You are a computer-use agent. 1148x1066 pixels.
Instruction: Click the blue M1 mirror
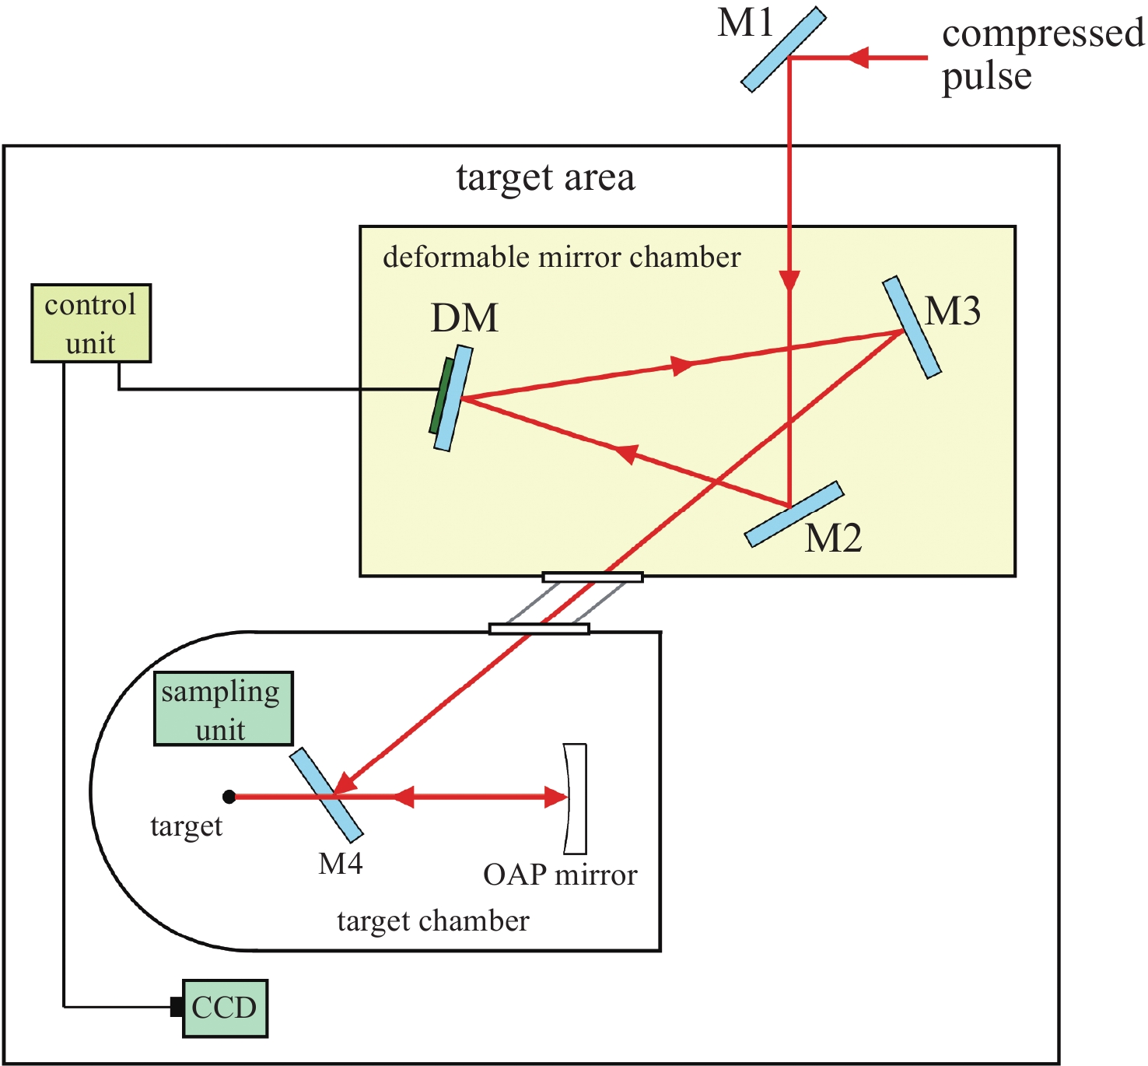pos(782,50)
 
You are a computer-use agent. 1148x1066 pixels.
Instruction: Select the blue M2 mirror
pos(794,514)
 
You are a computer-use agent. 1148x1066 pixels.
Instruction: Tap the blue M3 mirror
pos(912,328)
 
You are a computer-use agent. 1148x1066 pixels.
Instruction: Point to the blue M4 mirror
pos(326,794)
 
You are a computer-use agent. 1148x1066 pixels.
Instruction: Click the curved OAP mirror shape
pos(576,798)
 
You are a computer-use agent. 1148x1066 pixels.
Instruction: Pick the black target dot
pos(229,797)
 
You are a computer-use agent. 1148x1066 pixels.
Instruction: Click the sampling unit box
pos(223,709)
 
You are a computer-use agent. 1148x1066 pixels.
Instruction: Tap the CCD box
pos(225,1008)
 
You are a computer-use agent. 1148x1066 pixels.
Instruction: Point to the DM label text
pos(464,317)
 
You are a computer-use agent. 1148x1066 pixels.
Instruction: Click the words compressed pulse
pos(1041,54)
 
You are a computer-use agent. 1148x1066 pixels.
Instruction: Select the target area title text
pos(545,177)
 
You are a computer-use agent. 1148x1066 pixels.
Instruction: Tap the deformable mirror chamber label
pos(562,257)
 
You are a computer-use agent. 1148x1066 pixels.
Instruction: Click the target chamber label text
pos(432,921)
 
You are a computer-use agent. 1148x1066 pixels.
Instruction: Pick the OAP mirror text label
pos(560,875)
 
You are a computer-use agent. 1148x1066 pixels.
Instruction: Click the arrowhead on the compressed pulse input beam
pos(857,58)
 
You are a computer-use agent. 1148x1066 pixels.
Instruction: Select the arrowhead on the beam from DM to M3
pos(682,365)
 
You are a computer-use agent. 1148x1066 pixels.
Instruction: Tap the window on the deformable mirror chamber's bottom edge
pos(593,577)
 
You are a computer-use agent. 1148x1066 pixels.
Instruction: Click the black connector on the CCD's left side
pos(177,1007)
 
